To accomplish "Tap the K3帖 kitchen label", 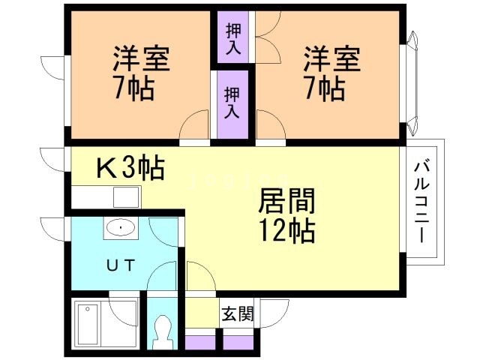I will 130,168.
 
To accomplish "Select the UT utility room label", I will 120,264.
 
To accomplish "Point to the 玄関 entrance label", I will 236,314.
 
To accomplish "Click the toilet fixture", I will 162,328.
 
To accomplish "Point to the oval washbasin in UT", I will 120,226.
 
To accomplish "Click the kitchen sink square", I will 126,196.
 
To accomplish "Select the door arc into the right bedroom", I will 269,124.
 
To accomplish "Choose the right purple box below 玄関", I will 239,341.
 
